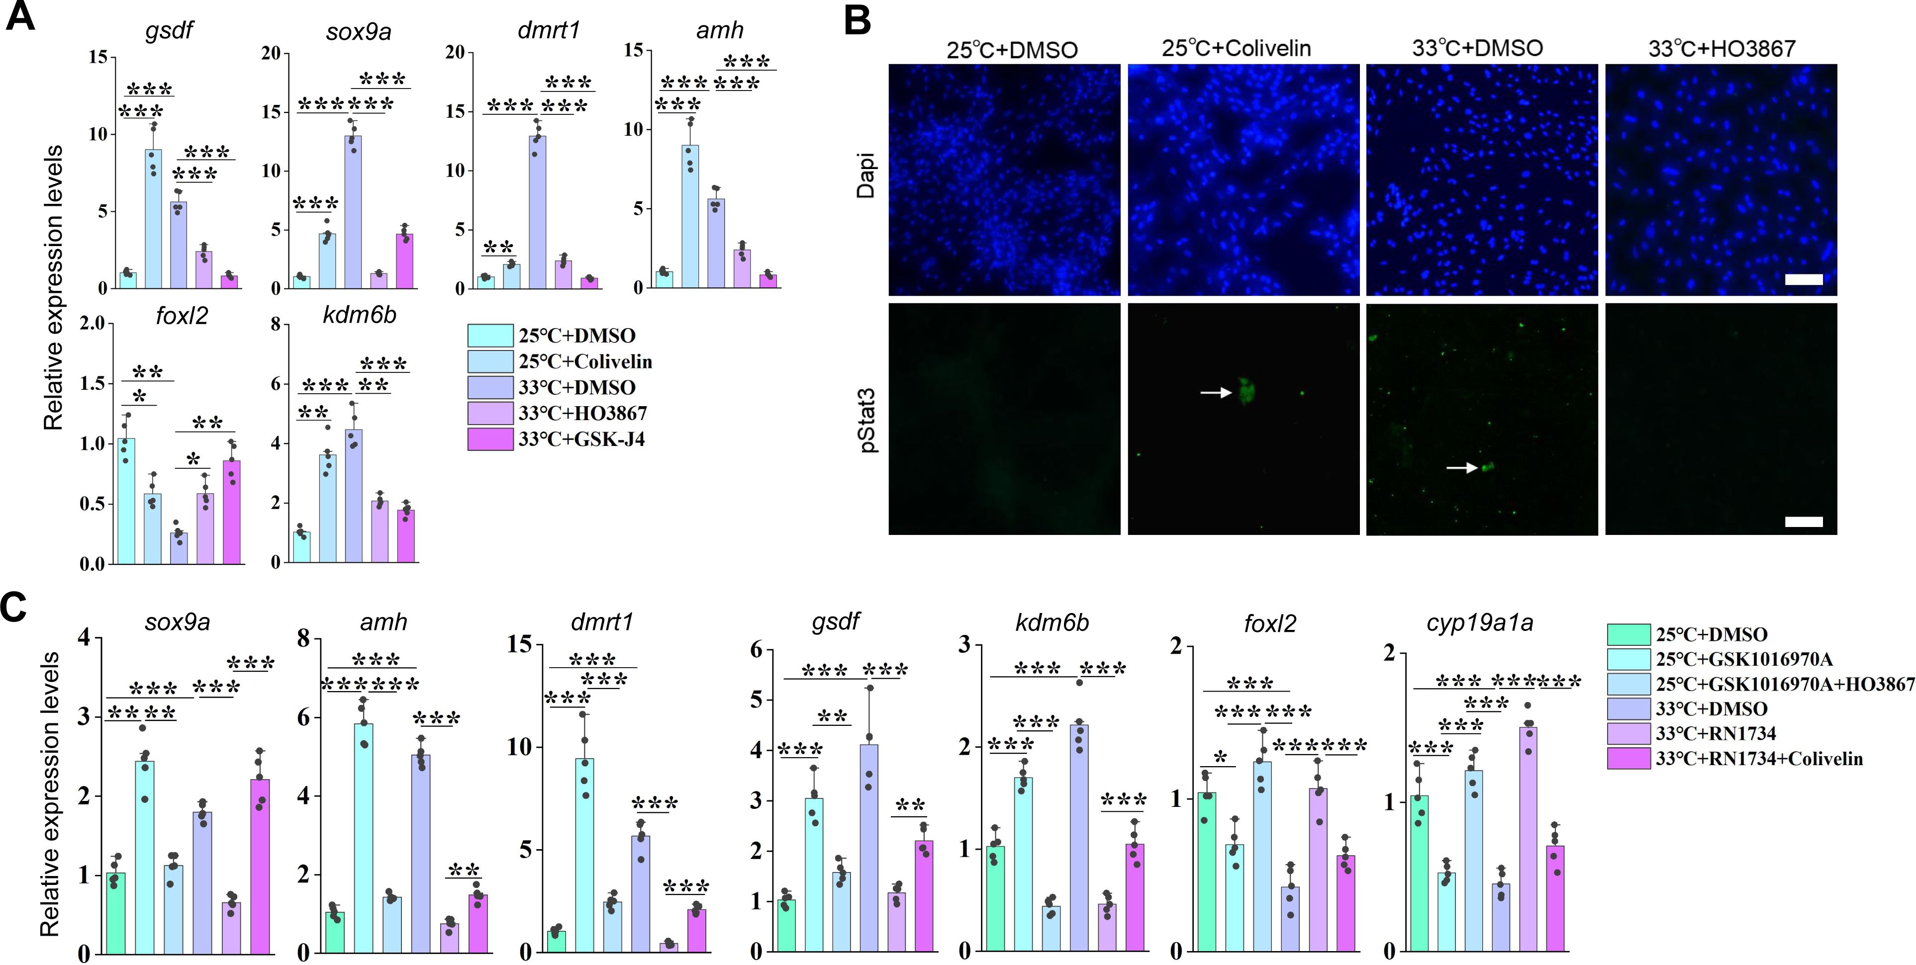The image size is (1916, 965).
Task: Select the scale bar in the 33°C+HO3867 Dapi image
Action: pyautogui.click(x=1804, y=279)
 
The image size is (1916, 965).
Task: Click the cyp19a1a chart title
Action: pyautogui.click(x=1479, y=623)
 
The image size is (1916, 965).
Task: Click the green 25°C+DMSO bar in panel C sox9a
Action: pyautogui.click(x=116, y=912)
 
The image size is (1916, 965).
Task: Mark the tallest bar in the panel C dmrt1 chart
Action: pyautogui.click(x=584, y=855)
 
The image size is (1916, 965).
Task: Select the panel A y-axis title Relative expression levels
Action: pyautogui.click(x=53, y=288)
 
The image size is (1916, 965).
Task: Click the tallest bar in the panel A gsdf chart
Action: pyautogui.click(x=153, y=219)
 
